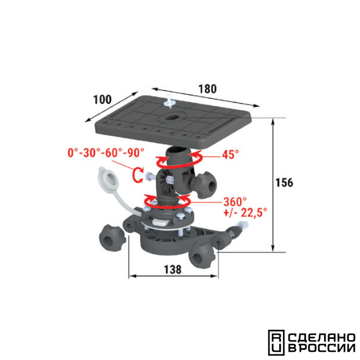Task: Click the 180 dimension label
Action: coord(207,89)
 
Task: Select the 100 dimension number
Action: coord(102,99)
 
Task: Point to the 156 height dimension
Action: coord(284,183)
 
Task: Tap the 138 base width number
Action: coord(172,269)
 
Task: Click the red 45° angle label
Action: coord(230,154)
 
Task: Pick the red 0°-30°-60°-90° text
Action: coord(106,153)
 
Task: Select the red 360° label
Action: coord(235,202)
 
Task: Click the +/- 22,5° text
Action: coord(245,212)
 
